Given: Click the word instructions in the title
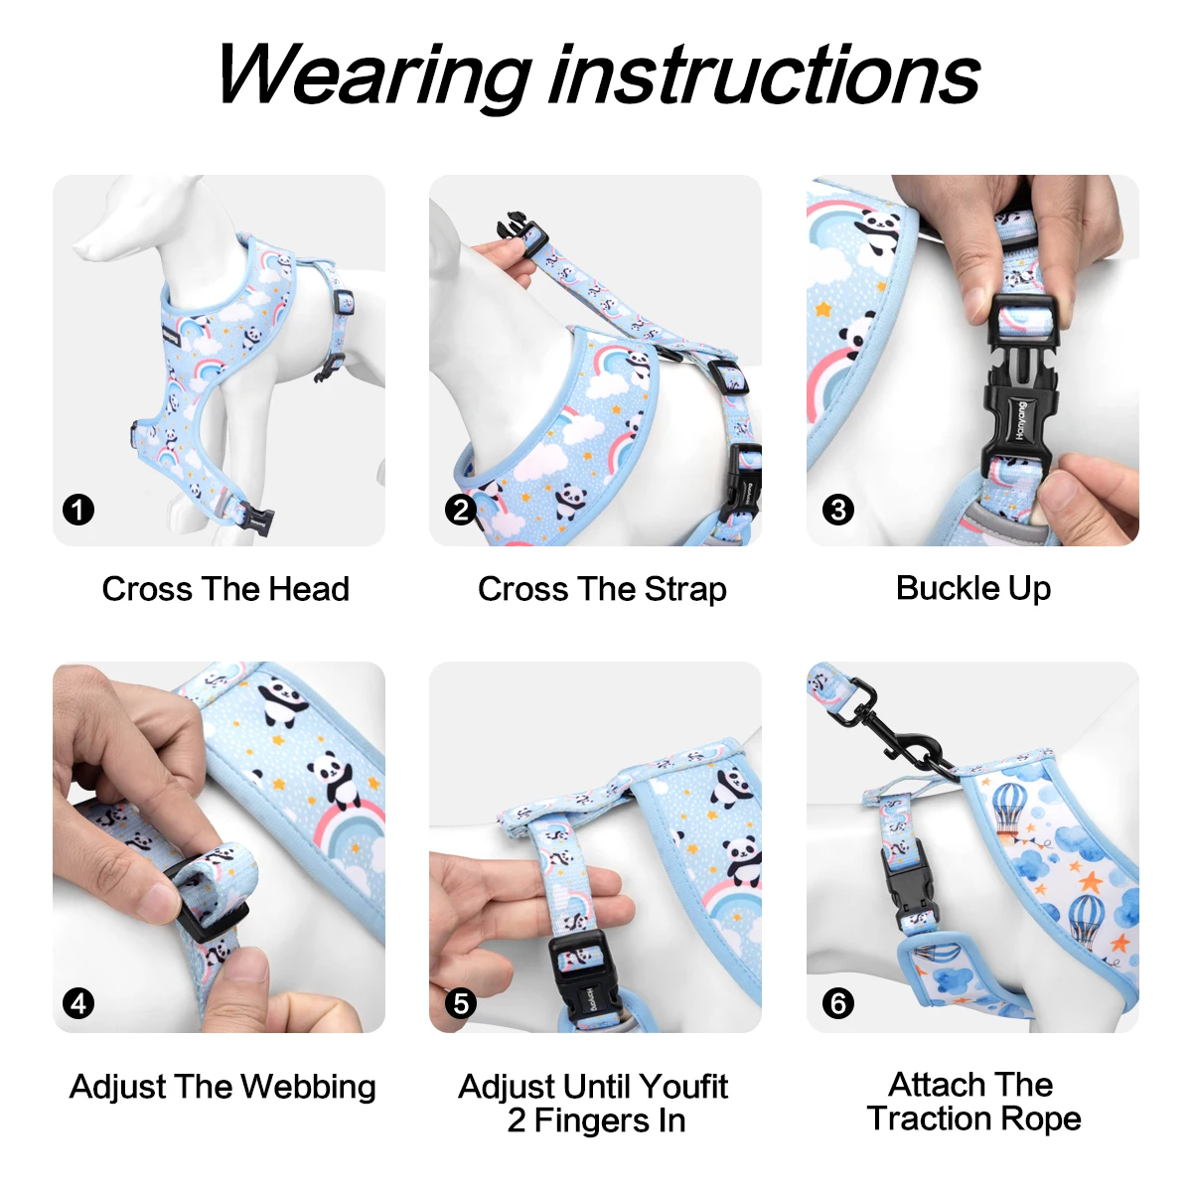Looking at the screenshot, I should [x=766, y=74].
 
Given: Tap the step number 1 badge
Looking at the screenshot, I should [x=78, y=511].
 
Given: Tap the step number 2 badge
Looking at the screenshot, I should [x=460, y=511].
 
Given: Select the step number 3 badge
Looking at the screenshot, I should [x=837, y=511].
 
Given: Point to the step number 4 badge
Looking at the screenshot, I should [x=78, y=1003].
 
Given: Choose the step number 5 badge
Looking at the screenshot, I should [x=460, y=1003].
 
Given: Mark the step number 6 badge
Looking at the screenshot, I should [x=837, y=1003].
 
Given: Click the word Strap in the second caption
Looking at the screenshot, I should [x=685, y=589].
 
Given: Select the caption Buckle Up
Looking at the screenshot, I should [x=973, y=588].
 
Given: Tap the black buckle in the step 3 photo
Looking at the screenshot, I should [x=1017, y=397].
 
